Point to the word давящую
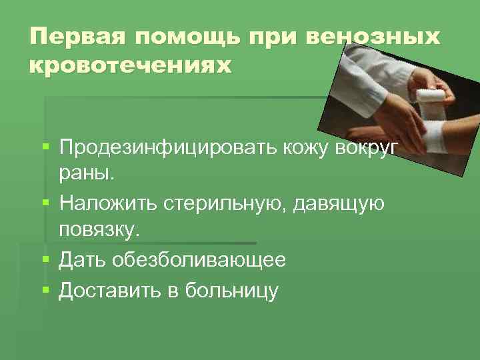pos(339,203)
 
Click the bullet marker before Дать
pos(45,259)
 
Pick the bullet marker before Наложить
pos(45,203)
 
